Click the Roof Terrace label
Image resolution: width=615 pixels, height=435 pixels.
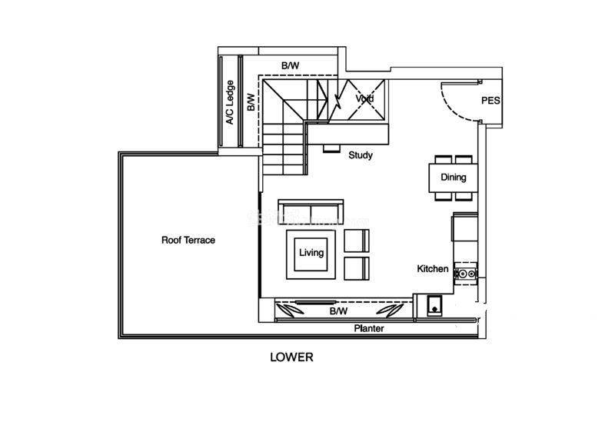tap(188, 240)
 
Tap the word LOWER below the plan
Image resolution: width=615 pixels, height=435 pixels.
tap(291, 357)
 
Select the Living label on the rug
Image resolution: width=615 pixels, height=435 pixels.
tap(311, 253)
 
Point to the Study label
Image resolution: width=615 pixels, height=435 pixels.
tap(361, 155)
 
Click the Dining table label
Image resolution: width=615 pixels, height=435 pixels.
tap(454, 178)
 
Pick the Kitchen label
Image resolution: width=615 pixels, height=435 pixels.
tap(433, 269)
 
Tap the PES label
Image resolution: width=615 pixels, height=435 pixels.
tap(490, 101)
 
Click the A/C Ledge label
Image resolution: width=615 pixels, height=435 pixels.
tap(230, 102)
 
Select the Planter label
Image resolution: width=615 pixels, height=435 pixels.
tap(369, 328)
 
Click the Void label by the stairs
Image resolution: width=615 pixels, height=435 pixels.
tap(364, 98)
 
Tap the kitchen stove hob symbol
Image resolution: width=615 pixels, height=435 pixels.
tap(467, 274)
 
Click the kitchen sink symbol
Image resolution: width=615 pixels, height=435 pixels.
tap(434, 305)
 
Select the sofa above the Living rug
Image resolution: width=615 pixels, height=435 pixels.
tap(311, 212)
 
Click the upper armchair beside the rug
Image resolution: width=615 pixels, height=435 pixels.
tap(357, 241)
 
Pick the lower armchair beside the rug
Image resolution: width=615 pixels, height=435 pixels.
tap(357, 269)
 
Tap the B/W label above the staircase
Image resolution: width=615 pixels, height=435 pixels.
tap(290, 65)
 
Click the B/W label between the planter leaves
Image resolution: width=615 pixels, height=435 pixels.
tap(338, 311)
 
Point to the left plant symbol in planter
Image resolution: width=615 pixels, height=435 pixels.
tap(290, 310)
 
